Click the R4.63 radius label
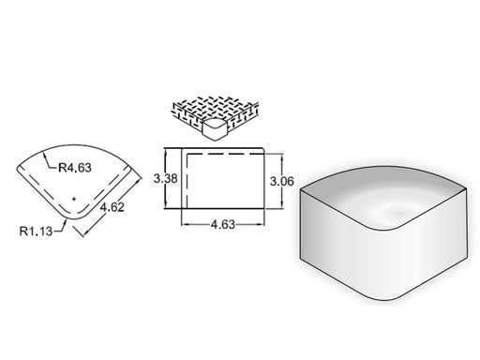click(75, 168)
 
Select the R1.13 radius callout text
click(36, 232)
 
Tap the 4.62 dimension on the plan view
click(112, 207)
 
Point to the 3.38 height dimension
click(166, 178)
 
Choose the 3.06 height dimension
click(282, 181)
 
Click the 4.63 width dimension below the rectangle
click(223, 224)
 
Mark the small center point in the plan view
click(74, 199)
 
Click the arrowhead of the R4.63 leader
click(45, 154)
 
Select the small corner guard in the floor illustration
click(215, 128)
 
